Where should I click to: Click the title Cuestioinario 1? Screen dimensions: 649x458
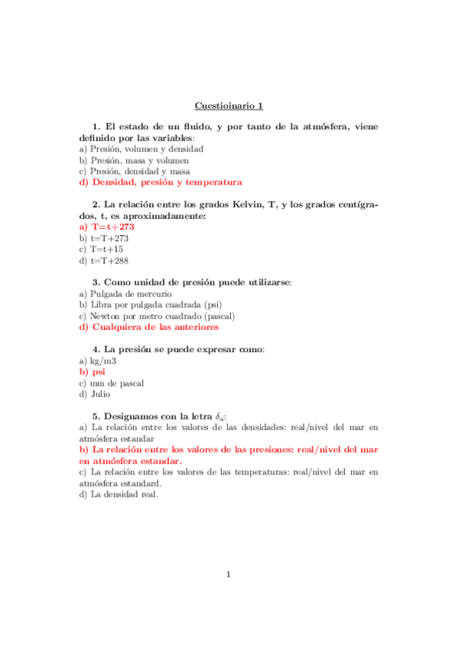coord(229,106)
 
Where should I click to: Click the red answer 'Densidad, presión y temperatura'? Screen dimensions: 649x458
coord(166,182)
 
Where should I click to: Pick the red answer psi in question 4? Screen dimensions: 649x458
coord(98,372)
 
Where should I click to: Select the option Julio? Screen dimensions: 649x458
coord(99,394)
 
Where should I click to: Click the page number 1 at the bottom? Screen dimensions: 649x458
coord(229,575)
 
